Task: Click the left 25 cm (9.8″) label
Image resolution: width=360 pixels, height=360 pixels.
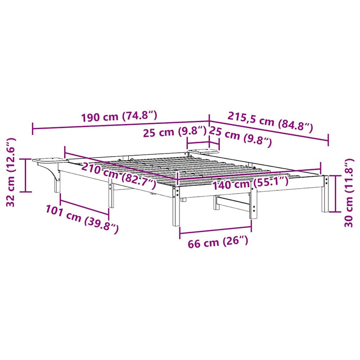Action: (175, 132)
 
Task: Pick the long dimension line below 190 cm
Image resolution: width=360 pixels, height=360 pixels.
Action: (121, 126)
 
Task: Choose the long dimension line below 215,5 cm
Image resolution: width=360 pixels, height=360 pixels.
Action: (269, 131)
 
